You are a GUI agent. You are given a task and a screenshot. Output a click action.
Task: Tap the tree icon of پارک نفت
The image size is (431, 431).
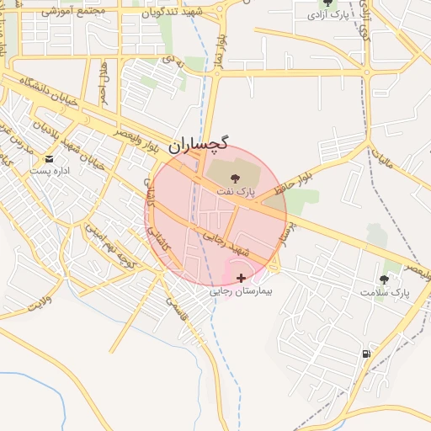235,177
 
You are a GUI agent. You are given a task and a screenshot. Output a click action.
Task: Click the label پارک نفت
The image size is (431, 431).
235,193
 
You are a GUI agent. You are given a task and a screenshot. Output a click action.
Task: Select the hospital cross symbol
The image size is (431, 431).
242,278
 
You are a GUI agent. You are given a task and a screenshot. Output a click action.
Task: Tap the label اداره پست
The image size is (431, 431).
48,171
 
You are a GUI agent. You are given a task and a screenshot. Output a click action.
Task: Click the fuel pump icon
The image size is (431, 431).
365,354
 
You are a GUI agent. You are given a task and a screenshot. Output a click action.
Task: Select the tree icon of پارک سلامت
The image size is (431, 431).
385,279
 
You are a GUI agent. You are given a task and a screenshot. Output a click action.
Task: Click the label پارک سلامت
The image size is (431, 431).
385,293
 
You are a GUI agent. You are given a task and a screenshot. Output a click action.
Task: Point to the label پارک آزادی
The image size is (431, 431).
327,16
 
